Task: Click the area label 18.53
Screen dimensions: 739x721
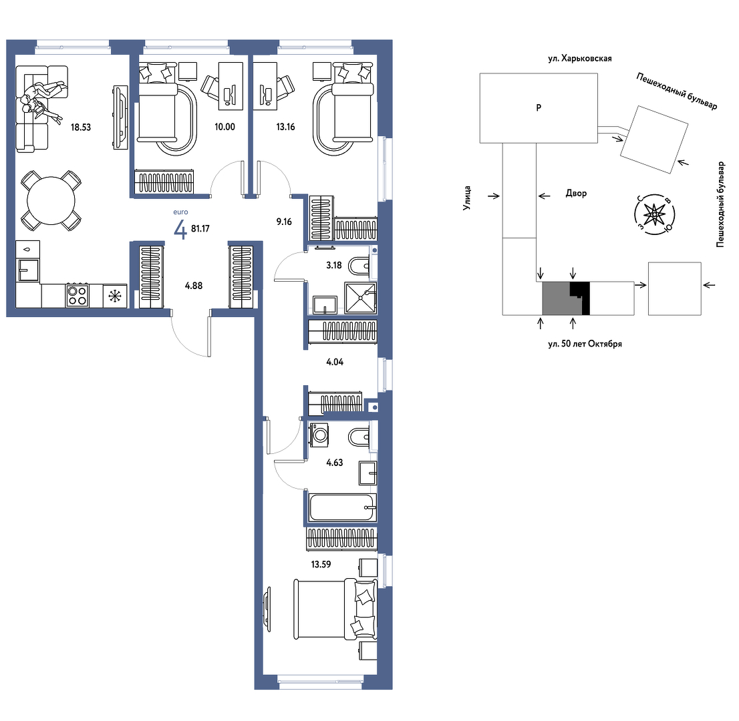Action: [81, 127]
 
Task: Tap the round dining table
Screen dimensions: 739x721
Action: [51, 201]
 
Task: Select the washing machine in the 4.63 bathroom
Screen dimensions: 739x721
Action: [319, 435]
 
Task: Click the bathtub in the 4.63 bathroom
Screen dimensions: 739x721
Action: [343, 507]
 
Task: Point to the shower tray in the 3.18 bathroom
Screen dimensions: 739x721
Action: [361, 298]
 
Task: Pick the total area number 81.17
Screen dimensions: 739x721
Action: [200, 229]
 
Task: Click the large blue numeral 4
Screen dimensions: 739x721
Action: [180, 230]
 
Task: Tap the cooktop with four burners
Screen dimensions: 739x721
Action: [78, 296]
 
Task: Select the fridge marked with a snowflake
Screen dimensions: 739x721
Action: [115, 296]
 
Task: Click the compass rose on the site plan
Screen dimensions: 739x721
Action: [654, 215]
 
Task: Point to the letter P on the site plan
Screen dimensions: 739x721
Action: [539, 108]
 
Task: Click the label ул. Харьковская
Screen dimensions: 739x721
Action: [580, 58]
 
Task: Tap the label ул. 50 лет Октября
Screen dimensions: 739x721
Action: [585, 344]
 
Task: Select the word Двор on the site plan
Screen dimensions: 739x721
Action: [576, 193]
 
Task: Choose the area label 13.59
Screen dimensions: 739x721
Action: [321, 564]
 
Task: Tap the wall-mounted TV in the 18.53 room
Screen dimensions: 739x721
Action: [121, 117]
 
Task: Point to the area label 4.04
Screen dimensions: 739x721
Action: [335, 362]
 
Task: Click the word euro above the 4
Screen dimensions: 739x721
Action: [180, 212]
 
